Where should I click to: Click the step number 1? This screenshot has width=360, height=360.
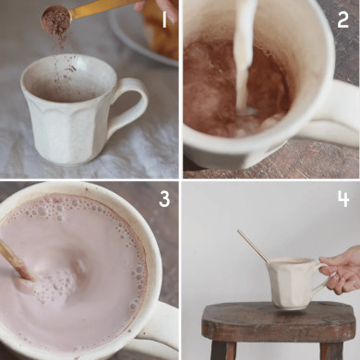[x=164, y=19]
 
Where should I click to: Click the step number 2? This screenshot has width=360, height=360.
[x=342, y=19]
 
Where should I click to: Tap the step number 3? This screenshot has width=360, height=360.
[x=164, y=198]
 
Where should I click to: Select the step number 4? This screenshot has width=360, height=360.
[x=342, y=198]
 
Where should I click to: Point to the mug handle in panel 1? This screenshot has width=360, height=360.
[x=129, y=104]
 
